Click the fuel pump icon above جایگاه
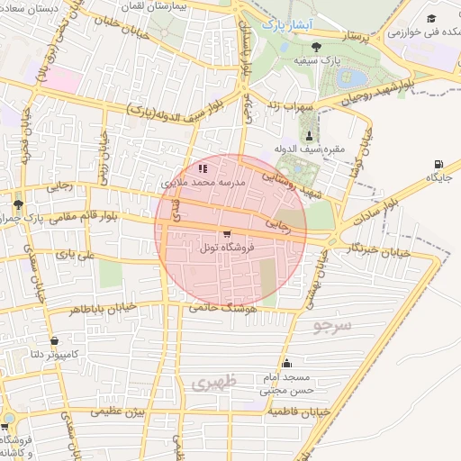(438, 164)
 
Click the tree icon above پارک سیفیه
(314, 47)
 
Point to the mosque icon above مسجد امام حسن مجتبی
(287, 365)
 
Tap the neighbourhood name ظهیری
(213, 384)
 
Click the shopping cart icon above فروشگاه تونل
(226, 233)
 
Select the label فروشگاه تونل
(227, 248)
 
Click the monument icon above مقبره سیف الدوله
(309, 135)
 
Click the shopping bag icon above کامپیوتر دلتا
(56, 341)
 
